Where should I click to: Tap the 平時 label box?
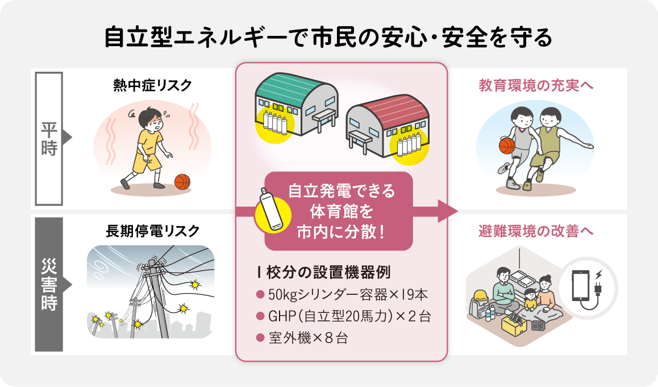[x=49, y=138]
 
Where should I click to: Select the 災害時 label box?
[x=49, y=284]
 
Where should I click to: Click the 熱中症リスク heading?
[x=152, y=85]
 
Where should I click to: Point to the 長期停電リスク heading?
[x=152, y=231]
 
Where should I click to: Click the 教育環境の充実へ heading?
[x=536, y=85]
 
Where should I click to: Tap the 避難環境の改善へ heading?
[x=536, y=231]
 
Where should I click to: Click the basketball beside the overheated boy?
[x=182, y=182]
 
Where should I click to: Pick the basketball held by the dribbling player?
[x=506, y=146]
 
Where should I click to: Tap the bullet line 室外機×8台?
[x=302, y=338]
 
